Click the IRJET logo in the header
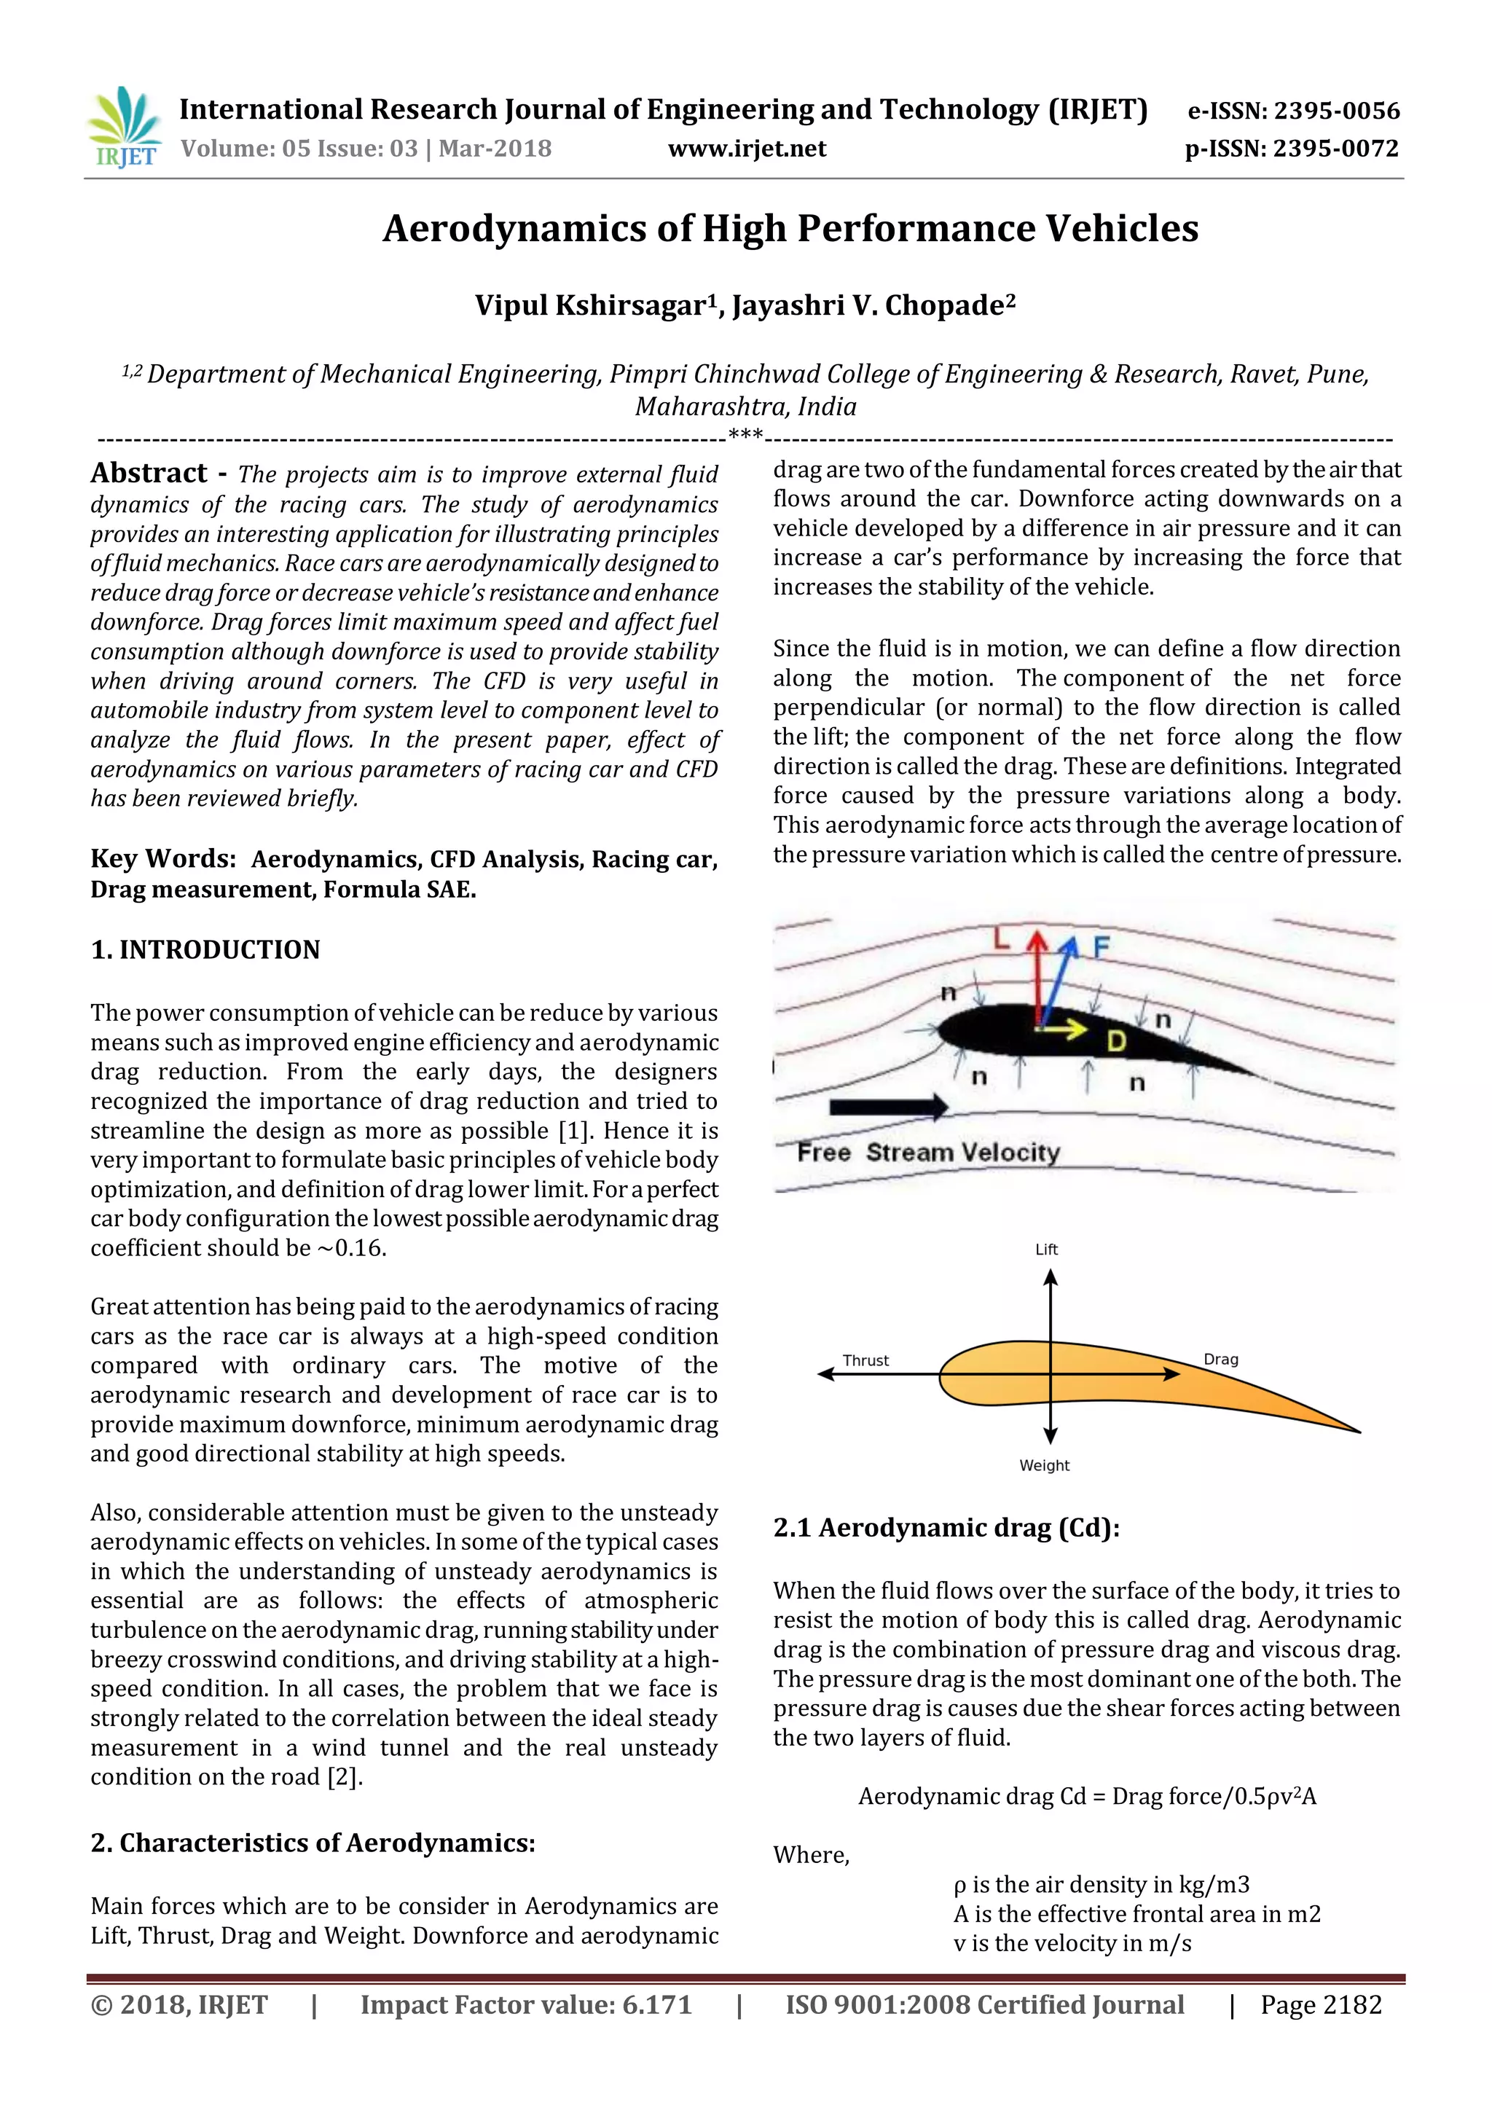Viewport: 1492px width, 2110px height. click(124, 127)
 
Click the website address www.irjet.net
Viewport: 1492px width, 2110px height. click(747, 149)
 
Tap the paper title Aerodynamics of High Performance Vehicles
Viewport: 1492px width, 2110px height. click(790, 228)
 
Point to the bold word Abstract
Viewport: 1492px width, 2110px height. click(149, 474)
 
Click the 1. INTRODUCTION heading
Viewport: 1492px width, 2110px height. click(205, 949)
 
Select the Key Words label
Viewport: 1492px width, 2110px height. click(162, 858)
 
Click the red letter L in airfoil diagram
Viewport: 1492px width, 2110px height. click(1002, 939)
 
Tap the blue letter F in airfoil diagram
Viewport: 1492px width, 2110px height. click(1101, 946)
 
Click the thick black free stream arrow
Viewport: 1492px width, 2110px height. click(887, 1107)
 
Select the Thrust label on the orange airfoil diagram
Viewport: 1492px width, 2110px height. click(865, 1360)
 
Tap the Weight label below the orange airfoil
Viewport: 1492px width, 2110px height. click(1045, 1465)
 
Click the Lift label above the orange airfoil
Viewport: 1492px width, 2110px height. click(1046, 1249)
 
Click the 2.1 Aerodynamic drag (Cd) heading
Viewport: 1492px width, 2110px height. click(946, 1527)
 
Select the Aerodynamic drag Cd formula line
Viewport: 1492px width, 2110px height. click(1087, 1796)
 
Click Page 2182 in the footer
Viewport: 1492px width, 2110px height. click(1320, 2004)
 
